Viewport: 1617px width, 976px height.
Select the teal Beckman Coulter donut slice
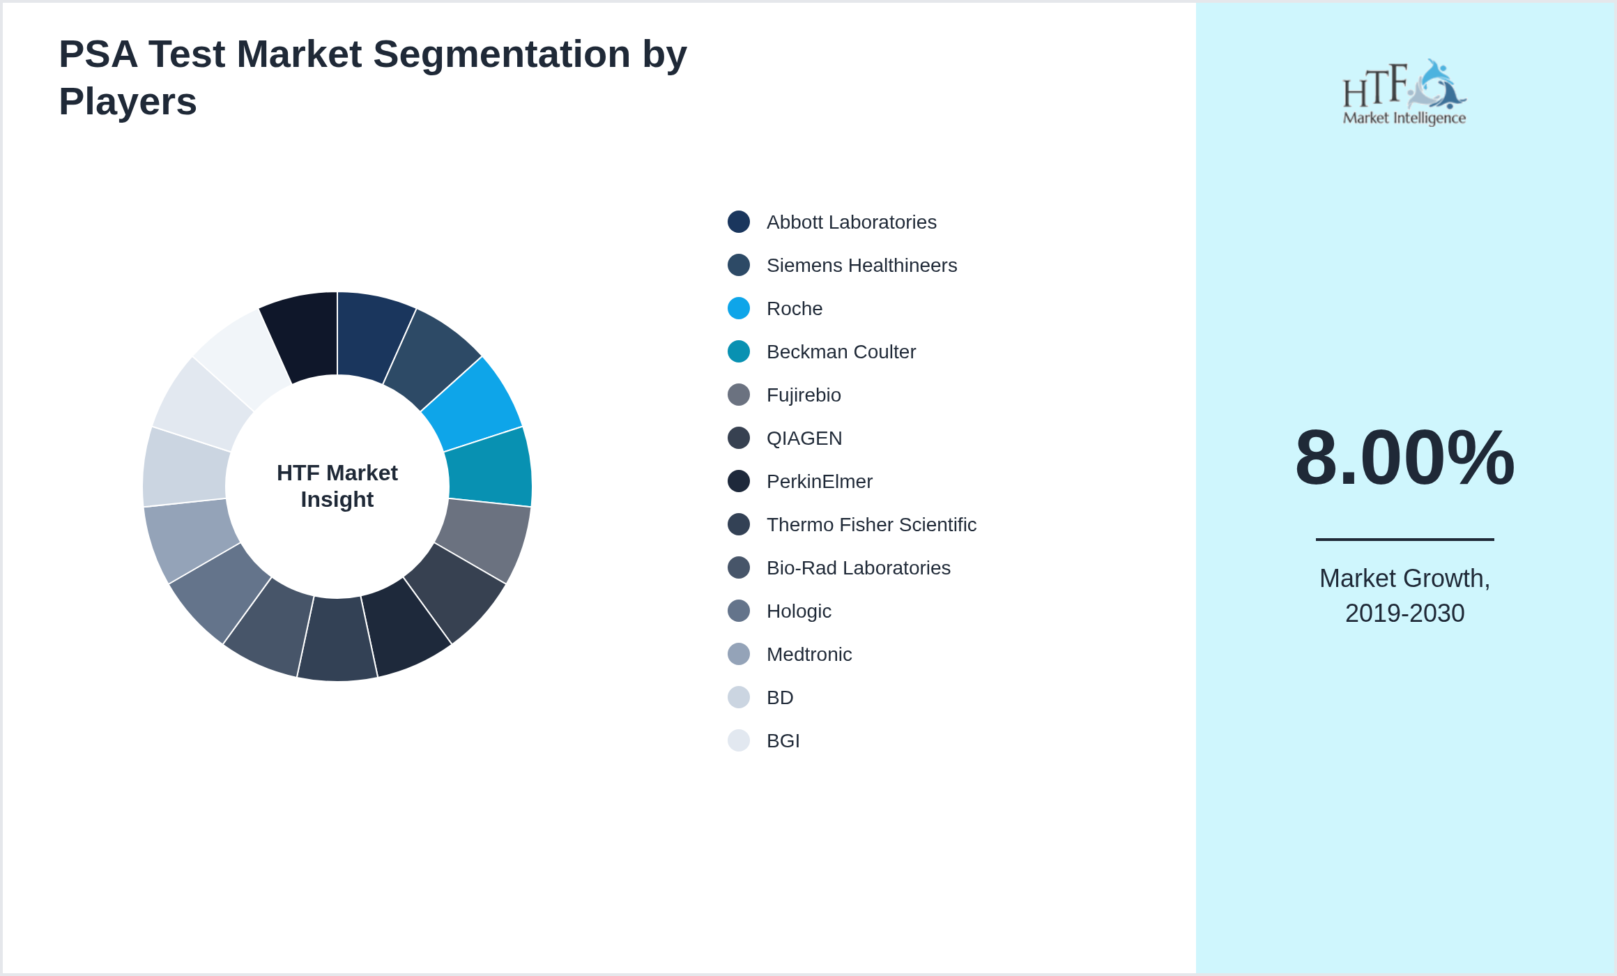490,467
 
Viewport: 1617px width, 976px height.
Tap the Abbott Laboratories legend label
851,222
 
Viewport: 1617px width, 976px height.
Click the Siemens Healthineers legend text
861,266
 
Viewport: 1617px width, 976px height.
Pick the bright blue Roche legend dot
739,308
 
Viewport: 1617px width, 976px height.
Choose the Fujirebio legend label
804,395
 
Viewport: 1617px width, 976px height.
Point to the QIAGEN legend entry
804,439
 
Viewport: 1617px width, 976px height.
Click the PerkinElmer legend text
819,482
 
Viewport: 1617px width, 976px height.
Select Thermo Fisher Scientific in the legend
871,525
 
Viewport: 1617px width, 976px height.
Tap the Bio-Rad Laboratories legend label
858,568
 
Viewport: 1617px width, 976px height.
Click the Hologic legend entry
799,611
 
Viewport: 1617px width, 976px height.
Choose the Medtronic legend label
808,655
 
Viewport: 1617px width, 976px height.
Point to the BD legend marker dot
739,697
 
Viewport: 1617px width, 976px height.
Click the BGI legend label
783,741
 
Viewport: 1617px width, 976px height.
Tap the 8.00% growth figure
1404,458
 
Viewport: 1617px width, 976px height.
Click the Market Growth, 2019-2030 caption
1404,596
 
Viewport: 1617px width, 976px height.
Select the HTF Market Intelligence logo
1404,93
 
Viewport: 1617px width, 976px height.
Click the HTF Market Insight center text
337,486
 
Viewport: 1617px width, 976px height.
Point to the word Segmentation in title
502,54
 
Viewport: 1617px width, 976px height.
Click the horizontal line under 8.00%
1404,539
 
